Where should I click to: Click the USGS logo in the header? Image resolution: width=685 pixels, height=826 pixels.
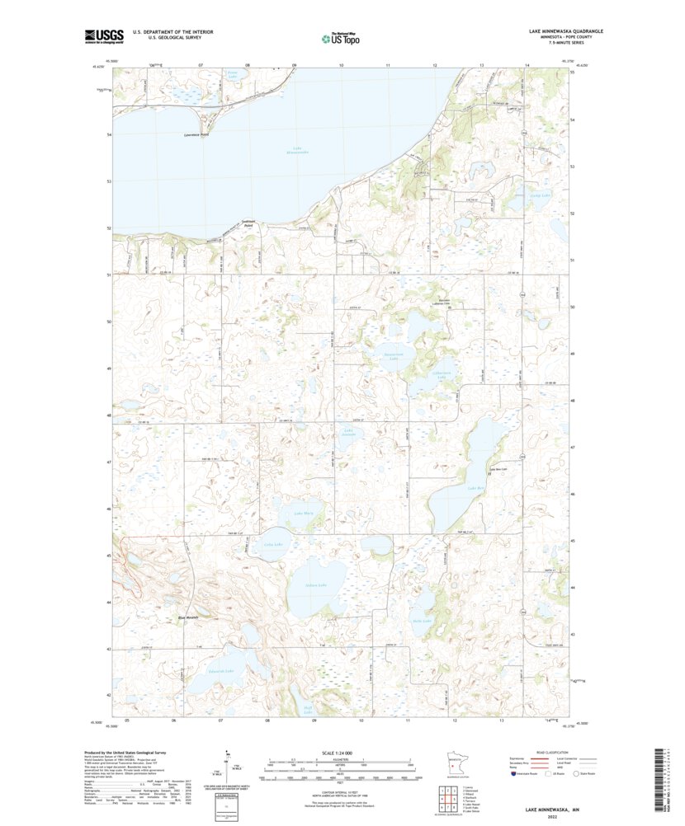pyautogui.click(x=103, y=35)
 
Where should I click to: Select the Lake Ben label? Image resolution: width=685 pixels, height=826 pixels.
pyautogui.click(x=474, y=489)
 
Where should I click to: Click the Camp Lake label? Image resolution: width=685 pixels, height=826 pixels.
pyautogui.click(x=517, y=195)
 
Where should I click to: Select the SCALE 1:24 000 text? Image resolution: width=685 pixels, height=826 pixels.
pyautogui.click(x=339, y=753)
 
